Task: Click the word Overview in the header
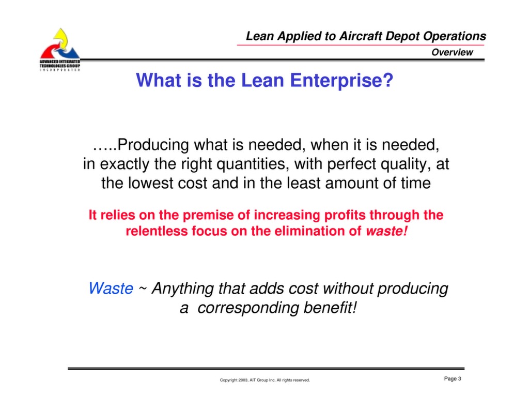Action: click(452, 52)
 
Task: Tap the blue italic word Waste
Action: click(111, 289)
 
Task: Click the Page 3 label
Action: click(452, 379)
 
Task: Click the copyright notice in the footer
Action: click(264, 380)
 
